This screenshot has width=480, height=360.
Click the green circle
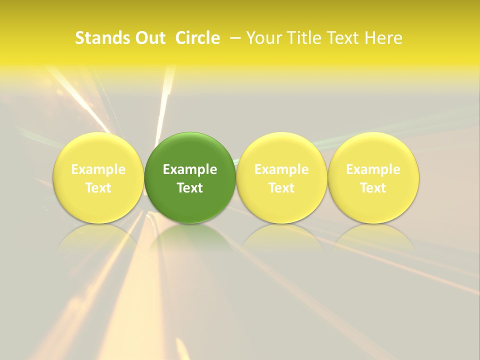[190, 150]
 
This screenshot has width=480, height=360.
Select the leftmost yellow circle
[98, 150]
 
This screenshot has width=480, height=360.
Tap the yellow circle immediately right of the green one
[281, 150]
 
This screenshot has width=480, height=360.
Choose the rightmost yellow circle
[373, 150]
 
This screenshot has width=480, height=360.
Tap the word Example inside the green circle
[190, 170]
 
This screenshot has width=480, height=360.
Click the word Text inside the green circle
[190, 188]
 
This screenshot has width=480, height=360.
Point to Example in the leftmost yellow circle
[98, 170]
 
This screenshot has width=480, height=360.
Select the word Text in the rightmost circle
[373, 188]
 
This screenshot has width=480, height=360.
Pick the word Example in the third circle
[281, 170]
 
